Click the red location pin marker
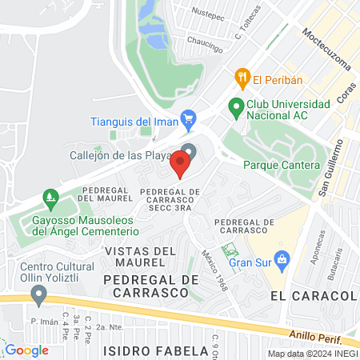tap(180, 164)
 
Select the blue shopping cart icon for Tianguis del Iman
tap(189, 122)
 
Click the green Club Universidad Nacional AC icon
tap(236, 106)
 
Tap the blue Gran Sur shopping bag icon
tap(282, 258)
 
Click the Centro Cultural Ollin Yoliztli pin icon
tap(37, 295)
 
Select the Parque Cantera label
tap(281, 166)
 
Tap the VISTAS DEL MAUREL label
tap(138, 256)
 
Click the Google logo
tap(26, 350)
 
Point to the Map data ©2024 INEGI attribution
tap(312, 354)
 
